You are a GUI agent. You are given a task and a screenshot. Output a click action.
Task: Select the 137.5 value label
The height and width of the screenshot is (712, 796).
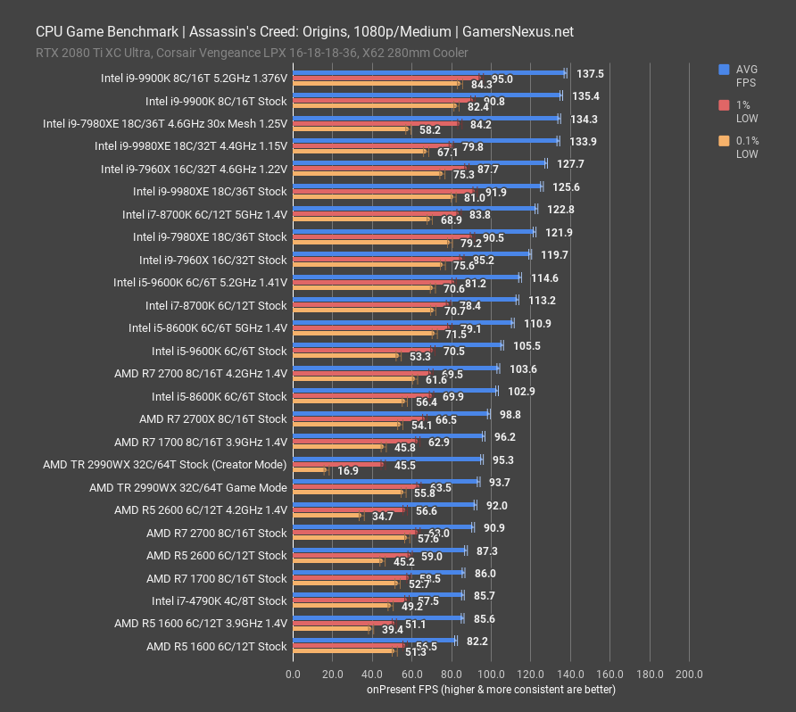click(591, 74)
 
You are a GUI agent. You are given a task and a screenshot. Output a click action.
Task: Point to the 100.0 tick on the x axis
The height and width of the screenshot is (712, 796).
click(493, 674)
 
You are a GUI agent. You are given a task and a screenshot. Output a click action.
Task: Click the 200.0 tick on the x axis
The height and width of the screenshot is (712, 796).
click(690, 674)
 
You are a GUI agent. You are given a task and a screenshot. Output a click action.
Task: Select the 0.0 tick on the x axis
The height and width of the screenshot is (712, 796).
click(294, 674)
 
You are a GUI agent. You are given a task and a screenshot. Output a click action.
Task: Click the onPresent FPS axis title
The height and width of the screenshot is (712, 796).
click(491, 690)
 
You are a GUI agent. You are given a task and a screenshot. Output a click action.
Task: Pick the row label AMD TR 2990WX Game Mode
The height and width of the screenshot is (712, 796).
click(188, 487)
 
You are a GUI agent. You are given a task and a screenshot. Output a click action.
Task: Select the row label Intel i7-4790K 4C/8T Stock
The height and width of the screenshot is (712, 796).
click(220, 601)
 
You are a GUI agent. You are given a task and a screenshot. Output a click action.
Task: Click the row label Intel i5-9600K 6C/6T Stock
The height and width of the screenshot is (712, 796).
click(220, 351)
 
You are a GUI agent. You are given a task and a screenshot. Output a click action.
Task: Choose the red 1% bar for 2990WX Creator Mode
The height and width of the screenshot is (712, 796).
click(338, 464)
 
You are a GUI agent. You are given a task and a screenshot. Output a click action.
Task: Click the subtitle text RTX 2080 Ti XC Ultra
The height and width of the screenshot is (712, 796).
click(90, 52)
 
